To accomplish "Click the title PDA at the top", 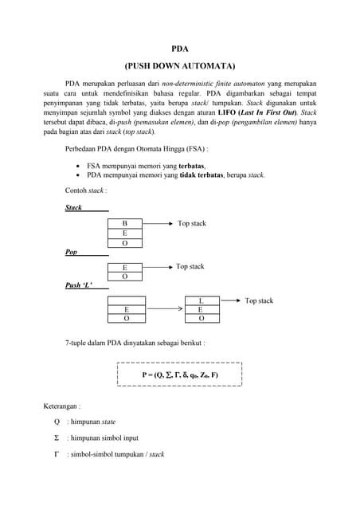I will click(180, 48).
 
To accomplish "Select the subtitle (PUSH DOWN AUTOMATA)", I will click(180, 65).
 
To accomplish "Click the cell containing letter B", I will click(124, 224).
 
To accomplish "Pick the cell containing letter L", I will click(201, 300).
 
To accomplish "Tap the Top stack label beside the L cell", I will click(259, 300).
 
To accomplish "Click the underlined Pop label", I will click(72, 251).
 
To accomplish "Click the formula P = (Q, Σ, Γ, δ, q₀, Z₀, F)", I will click(180, 374).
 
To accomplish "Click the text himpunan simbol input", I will click(103, 437).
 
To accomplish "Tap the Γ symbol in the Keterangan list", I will click(57, 454).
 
